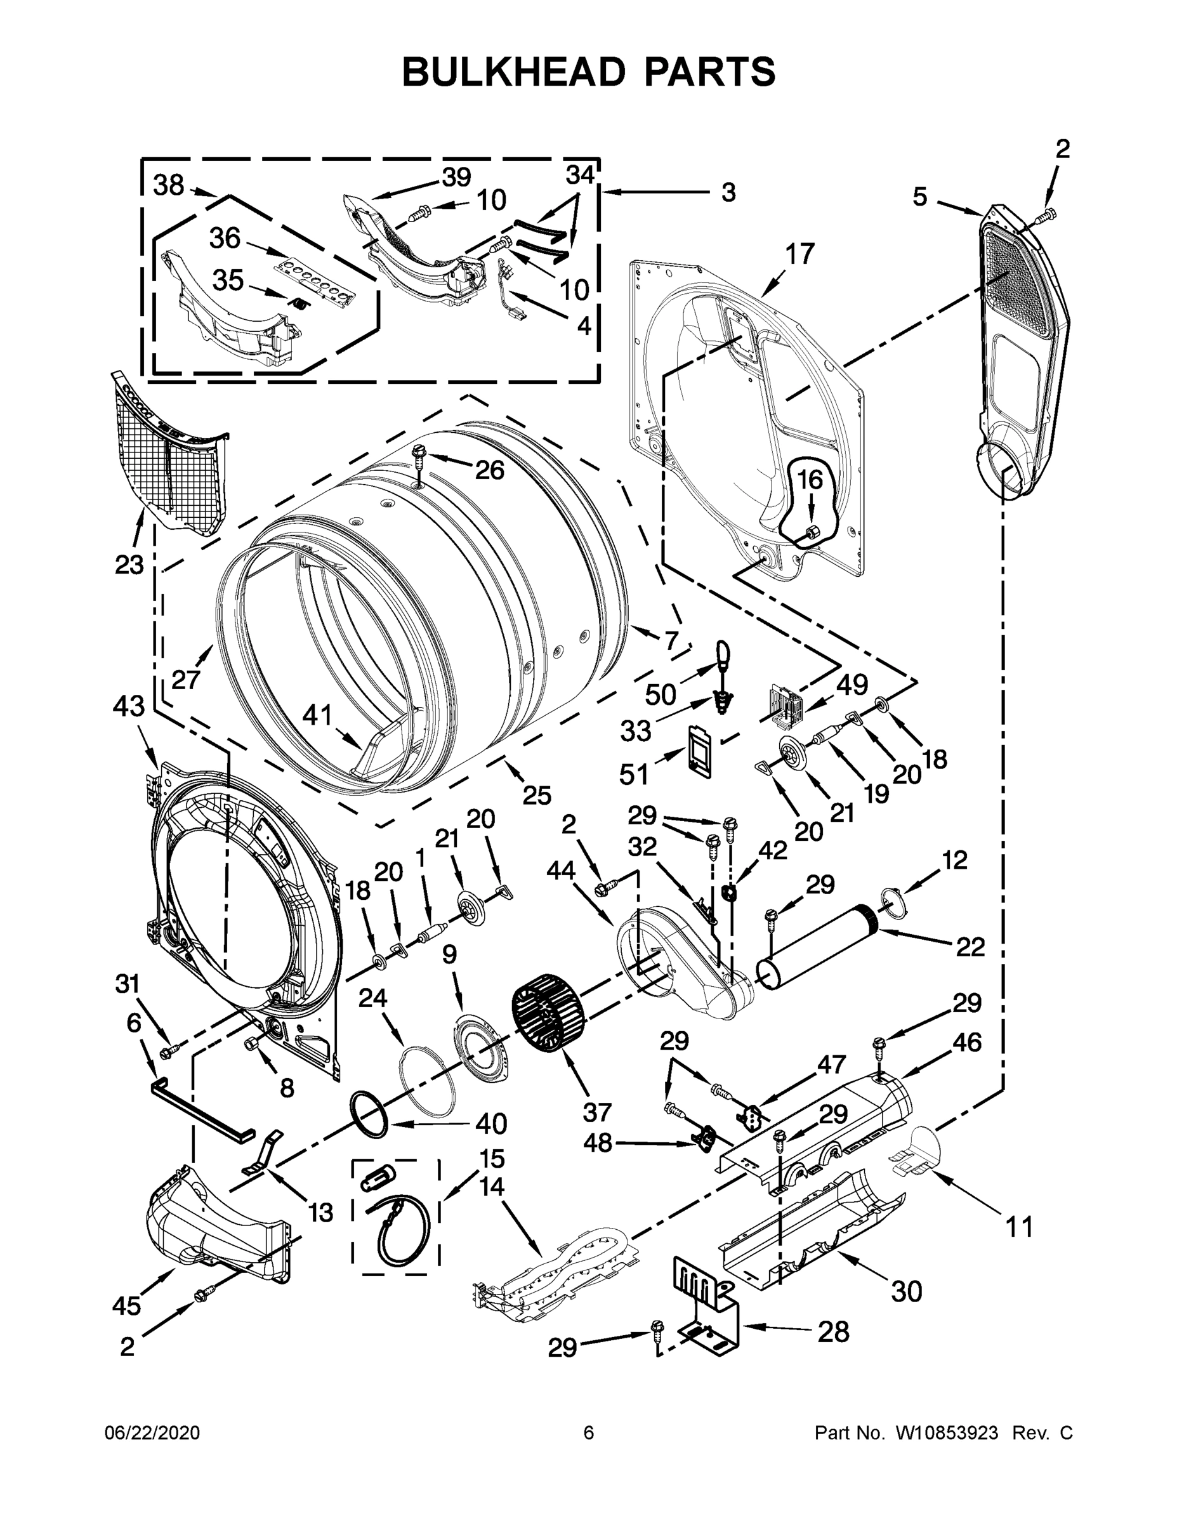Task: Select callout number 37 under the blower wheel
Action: pyautogui.click(x=597, y=1112)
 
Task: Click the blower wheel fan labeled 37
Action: pyautogui.click(x=547, y=1017)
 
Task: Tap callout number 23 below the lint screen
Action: pyautogui.click(x=129, y=564)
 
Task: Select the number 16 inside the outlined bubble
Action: pyautogui.click(x=810, y=480)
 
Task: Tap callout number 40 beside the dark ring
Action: pyautogui.click(x=491, y=1123)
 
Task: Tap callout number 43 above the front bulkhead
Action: pyautogui.click(x=128, y=706)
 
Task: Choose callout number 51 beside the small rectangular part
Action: pyautogui.click(x=634, y=774)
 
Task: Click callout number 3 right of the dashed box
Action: pyautogui.click(x=728, y=192)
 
